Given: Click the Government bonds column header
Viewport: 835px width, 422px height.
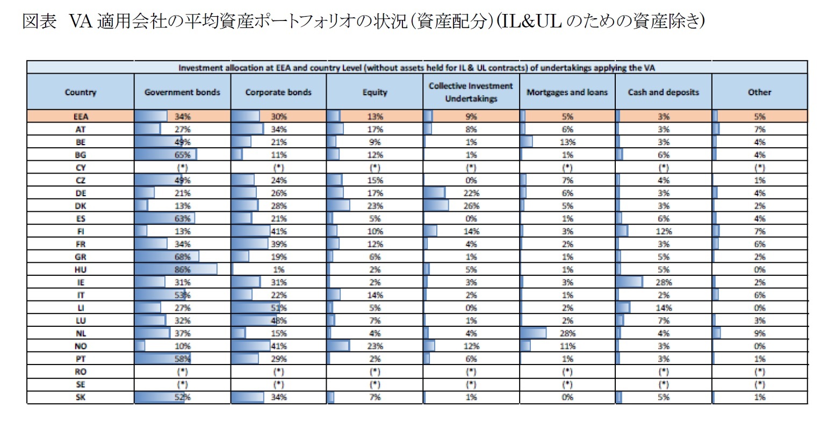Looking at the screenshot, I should point(182,92).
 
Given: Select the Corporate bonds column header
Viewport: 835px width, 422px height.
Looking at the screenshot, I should point(278,92).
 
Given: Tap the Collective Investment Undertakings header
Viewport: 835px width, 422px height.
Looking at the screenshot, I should point(471,92).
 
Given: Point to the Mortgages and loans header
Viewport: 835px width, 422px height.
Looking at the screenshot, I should point(567,92).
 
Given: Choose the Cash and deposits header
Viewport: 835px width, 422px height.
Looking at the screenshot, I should point(663,92).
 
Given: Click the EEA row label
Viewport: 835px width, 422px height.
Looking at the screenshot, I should point(81,117).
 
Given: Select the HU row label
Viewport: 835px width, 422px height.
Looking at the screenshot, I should point(81,270).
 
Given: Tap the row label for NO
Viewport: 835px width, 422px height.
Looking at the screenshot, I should point(81,346).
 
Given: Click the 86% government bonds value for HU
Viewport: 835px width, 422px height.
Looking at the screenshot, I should point(182,270).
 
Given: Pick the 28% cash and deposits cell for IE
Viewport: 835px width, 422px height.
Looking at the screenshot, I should point(663,282).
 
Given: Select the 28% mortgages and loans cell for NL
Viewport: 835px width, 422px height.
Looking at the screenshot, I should point(567,333).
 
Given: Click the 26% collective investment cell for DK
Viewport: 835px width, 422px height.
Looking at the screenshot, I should point(471,206).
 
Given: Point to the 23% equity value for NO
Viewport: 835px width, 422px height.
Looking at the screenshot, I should point(375,346).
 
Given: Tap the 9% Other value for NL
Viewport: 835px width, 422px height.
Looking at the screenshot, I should point(759,333).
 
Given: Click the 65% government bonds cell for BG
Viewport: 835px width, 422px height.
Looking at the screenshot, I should point(182,155).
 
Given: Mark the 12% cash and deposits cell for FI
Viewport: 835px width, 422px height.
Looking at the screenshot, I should point(663,232).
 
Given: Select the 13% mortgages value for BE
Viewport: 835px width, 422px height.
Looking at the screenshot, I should point(567,142).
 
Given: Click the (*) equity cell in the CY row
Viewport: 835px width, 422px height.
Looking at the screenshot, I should point(375,168).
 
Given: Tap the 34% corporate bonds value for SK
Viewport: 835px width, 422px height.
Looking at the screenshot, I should point(279,397).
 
